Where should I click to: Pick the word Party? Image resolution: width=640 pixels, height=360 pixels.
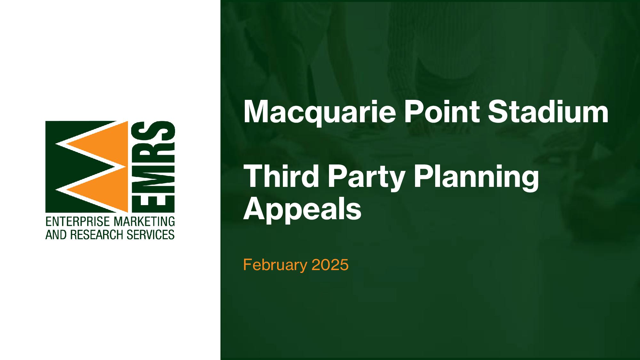click(x=367, y=178)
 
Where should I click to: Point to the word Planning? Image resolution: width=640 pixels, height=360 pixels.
click(x=476, y=178)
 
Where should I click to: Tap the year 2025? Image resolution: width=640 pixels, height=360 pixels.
click(x=330, y=265)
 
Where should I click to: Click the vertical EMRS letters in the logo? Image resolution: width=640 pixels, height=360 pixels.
click(x=153, y=167)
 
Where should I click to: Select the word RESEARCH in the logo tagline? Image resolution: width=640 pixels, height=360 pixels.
click(x=97, y=235)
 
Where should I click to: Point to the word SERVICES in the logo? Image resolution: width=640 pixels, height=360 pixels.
click(x=151, y=235)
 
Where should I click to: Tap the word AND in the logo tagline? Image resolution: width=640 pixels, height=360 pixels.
click(x=56, y=235)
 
